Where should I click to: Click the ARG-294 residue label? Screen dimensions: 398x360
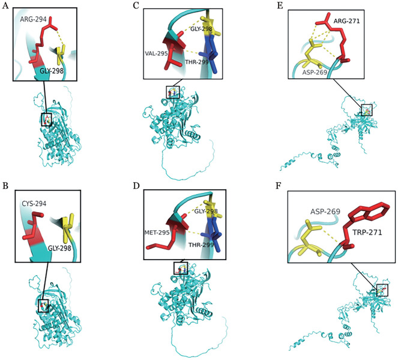tap(34, 19)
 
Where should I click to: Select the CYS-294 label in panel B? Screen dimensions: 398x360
tap(34, 204)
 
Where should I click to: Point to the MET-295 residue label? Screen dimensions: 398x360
tap(157, 232)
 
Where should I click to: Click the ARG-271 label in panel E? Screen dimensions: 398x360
tap(347, 21)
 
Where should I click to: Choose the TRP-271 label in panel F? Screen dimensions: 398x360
tap(367, 232)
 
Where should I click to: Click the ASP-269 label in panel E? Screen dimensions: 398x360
tap(315, 72)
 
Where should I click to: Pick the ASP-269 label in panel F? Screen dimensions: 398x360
tap(325, 212)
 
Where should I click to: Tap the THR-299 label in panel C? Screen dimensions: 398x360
tap(197, 62)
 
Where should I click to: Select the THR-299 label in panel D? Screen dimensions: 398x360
tap(201, 245)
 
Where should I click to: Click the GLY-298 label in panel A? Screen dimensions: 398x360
tap(52, 71)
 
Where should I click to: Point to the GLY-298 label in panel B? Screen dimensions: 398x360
tap(59, 248)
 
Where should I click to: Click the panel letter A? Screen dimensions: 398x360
tap(5, 5)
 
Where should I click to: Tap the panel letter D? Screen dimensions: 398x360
tap(136, 186)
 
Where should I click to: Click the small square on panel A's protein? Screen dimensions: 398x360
tap(46, 120)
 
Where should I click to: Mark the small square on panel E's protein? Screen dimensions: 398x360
tap(367, 110)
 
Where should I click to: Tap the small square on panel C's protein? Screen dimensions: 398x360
tap(173, 92)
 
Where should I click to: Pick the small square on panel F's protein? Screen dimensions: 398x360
tap(382, 290)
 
